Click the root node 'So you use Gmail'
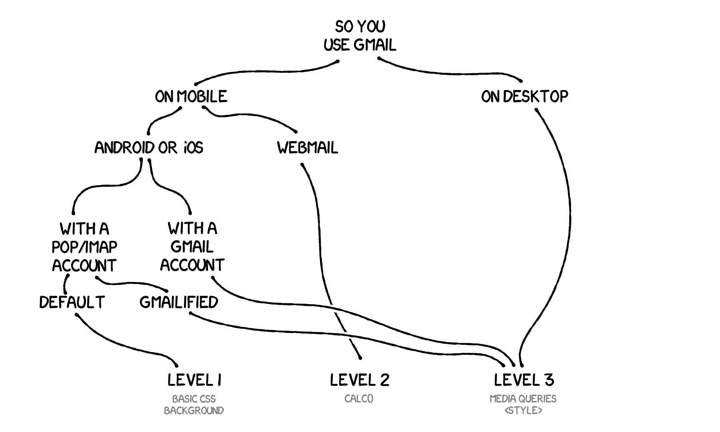[360, 36]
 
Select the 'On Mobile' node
[191, 96]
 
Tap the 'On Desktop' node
[524, 96]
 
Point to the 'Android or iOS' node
[149, 148]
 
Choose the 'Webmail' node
[308, 148]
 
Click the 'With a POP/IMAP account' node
[84, 247]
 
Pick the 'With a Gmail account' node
[192, 247]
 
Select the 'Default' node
[72, 302]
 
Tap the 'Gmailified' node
[179, 302]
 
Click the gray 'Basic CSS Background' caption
[194, 404]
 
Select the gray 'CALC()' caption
[359, 399]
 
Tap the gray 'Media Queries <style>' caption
[523, 404]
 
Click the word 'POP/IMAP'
[84, 247]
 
